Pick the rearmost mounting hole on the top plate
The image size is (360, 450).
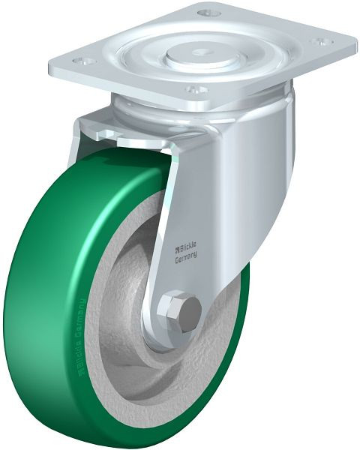[x=209, y=13]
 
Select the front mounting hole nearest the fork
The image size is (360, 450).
[x=196, y=88]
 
